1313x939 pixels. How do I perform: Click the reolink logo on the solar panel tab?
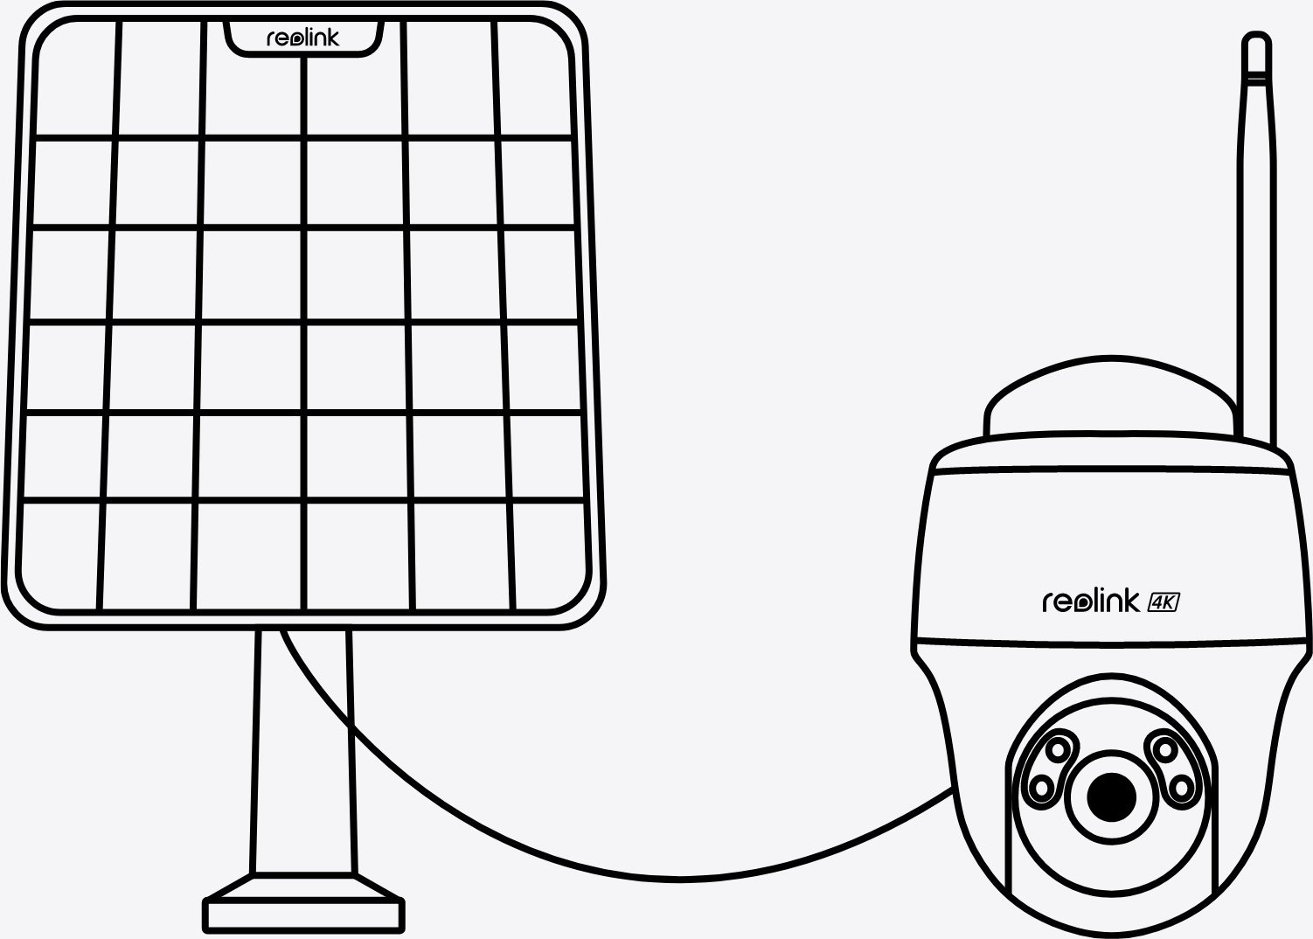tap(302, 38)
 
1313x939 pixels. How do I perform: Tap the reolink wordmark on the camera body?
tap(1091, 602)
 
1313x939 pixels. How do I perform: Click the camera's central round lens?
tap(1112, 796)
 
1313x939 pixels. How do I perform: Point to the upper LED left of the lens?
tap(1058, 749)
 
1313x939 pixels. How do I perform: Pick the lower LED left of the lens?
tap(1042, 787)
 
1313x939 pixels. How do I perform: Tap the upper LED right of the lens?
tap(1166, 748)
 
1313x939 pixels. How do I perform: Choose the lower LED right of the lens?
tap(1181, 787)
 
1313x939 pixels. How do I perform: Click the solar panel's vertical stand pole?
tap(302, 752)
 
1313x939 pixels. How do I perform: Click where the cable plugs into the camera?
tap(949, 790)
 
